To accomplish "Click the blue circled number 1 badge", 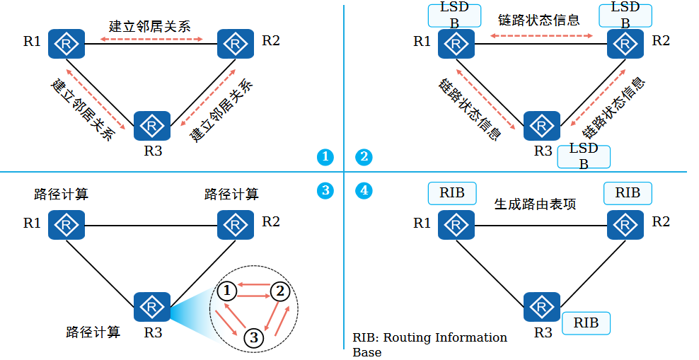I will coord(325,157).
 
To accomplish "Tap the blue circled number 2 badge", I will coord(364,157).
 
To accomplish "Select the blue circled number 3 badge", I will coord(325,190).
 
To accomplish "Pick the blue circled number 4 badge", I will coord(364,190).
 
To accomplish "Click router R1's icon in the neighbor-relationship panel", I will coord(67,44).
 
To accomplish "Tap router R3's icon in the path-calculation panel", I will coord(152,307).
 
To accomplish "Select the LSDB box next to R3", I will coord(584,156).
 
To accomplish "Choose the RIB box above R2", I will coord(628,193).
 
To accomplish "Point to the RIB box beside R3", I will coord(586,323).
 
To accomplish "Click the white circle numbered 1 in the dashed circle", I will coord(226,290).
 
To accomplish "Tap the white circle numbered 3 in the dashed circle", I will coord(253,338).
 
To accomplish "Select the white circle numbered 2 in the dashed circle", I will coord(281,290).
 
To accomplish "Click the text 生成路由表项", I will coord(535,204).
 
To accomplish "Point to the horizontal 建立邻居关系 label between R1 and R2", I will coord(150,26).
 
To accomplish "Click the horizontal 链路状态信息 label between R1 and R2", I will coord(539,20).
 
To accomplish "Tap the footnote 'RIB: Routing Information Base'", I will coord(429,344).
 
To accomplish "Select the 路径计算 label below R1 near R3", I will coord(93,331).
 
